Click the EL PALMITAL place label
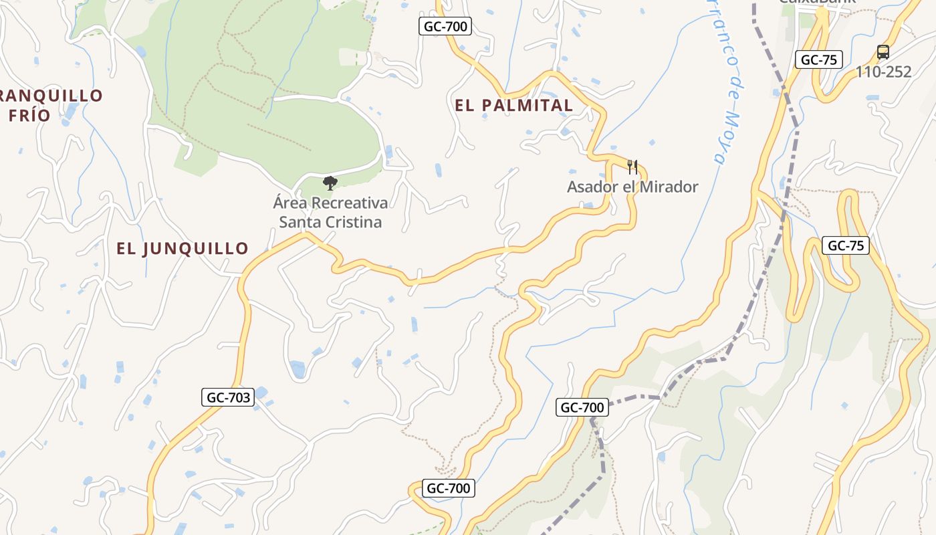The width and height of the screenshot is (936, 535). [x=513, y=105]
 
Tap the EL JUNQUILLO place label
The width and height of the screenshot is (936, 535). [x=182, y=248]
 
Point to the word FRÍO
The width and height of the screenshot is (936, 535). [x=29, y=115]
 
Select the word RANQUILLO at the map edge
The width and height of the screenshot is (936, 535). [x=51, y=96]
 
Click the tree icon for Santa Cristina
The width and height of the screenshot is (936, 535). [x=330, y=183]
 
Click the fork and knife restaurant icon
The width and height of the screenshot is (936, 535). [x=632, y=167]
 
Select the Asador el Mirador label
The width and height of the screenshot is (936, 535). [x=632, y=187]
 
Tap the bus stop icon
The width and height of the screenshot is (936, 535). [x=883, y=52]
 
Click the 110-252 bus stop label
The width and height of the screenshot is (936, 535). [x=883, y=72]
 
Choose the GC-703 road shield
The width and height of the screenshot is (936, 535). [x=228, y=397]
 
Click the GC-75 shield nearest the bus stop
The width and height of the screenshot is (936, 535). [x=818, y=60]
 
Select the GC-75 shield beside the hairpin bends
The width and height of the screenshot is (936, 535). [x=845, y=245]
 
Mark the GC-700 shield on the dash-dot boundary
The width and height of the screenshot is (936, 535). [x=582, y=407]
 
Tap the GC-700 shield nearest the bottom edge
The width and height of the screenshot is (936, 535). [x=449, y=488]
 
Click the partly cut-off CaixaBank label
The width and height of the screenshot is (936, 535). [x=817, y=3]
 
